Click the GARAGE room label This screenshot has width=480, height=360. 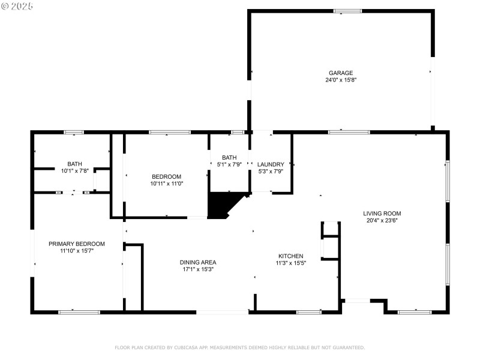tap(340, 73)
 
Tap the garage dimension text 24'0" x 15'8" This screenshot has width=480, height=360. tap(340, 80)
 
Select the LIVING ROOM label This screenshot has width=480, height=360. tap(382, 213)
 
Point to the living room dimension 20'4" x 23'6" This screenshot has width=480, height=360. tap(382, 220)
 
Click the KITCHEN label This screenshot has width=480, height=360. tap(290, 256)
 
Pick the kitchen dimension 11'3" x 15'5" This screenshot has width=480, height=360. tap(290, 263)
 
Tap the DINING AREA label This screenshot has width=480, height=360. tap(197, 262)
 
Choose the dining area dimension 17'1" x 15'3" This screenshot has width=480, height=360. tap(197, 269)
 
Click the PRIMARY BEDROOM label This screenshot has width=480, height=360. tap(77, 244)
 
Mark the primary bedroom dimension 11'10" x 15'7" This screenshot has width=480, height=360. tap(77, 251)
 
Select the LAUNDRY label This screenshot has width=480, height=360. tap(270, 164)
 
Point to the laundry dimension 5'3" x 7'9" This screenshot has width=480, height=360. tap(270, 172)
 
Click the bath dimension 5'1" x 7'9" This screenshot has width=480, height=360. tap(229, 165)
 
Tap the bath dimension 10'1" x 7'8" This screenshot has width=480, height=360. tap(74, 171)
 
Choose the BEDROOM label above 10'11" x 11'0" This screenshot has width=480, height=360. tap(166, 176)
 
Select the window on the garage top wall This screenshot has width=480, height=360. tap(347, 11)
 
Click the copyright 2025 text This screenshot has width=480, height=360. tap(17, 5)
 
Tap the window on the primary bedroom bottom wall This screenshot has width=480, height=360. tap(79, 311)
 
